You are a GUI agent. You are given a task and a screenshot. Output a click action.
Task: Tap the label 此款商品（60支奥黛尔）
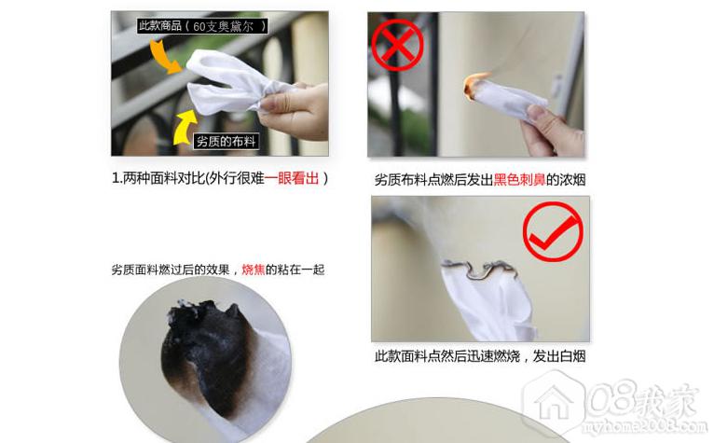coord(202,26)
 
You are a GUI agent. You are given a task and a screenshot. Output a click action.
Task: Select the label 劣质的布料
coord(227,141)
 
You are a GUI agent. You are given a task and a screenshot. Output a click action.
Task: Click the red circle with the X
coord(397,45)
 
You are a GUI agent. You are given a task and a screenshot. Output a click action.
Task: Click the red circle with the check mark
coord(553,231)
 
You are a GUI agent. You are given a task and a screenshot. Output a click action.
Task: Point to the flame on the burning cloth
coord(474,85)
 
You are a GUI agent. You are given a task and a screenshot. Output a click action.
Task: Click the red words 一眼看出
coord(292,178)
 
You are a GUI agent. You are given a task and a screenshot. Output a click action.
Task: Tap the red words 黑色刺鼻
coord(519,180)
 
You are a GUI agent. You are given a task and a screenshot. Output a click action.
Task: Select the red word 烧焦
coord(254,270)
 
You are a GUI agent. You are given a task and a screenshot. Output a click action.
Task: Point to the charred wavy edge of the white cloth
coord(479,269)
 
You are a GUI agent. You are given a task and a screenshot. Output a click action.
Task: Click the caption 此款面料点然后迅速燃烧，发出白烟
coord(480,356)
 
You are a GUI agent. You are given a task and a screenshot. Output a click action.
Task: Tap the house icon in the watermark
coord(554,402)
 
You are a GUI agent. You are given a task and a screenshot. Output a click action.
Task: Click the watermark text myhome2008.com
coord(645,427)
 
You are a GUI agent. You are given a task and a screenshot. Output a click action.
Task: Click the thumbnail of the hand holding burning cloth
coord(476,85)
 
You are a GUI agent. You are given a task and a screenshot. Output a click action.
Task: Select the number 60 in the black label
coord(199,26)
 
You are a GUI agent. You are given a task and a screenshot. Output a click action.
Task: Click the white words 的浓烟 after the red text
coord(566,180)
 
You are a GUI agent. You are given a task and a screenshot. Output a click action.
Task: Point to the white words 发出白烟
coord(559,356)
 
